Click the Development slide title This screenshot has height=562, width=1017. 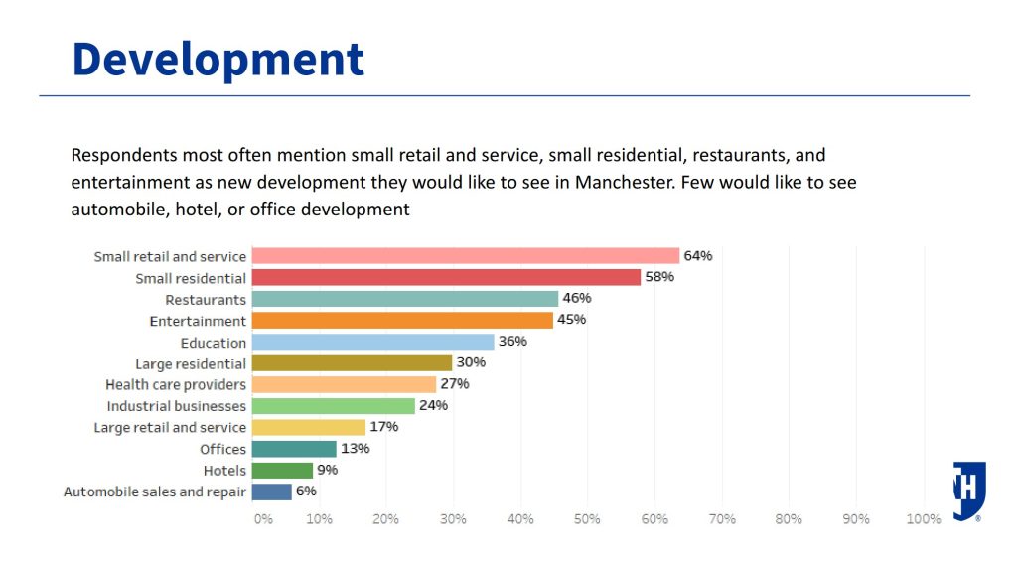[x=218, y=60]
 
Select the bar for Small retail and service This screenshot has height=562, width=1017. [x=465, y=256]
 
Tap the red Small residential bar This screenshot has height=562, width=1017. [x=446, y=278]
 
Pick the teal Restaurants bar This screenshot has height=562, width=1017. [x=405, y=299]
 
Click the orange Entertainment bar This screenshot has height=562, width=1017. [x=402, y=321]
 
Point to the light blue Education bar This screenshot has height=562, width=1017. [x=372, y=343]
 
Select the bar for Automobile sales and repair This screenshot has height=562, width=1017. [x=272, y=492]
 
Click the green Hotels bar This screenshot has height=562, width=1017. [x=282, y=471]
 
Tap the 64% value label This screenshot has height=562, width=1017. [x=698, y=256]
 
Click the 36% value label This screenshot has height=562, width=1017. [x=512, y=342]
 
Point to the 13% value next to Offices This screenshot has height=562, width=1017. [x=355, y=449]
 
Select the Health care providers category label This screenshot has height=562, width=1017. [x=176, y=385]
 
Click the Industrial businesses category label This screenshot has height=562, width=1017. [x=177, y=406]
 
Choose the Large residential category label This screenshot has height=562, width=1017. [x=191, y=364]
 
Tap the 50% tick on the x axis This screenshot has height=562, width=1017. [x=587, y=519]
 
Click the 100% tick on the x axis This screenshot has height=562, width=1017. [x=924, y=519]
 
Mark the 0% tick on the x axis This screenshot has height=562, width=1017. [x=262, y=519]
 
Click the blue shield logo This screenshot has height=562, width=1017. [x=969, y=489]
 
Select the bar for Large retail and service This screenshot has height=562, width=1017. [x=309, y=428]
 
